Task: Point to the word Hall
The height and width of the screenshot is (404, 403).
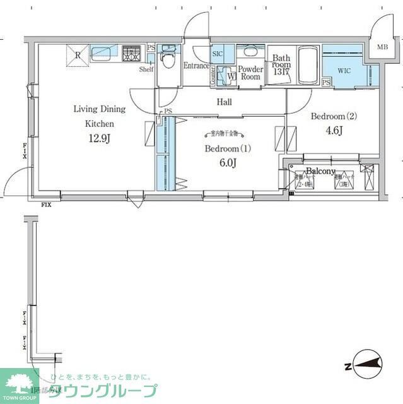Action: pyautogui.click(x=224, y=102)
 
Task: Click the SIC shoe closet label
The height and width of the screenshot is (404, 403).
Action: pyautogui.click(x=218, y=55)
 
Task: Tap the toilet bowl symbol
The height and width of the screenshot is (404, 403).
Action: pyautogui.click(x=168, y=60)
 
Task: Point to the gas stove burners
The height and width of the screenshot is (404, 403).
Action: pyautogui.click(x=132, y=53)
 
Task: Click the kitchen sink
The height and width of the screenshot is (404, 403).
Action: pyautogui.click(x=102, y=53)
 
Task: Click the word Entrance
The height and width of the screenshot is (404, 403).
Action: pyautogui.click(x=196, y=66)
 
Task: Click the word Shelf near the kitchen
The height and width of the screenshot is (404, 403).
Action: pyautogui.click(x=146, y=69)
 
